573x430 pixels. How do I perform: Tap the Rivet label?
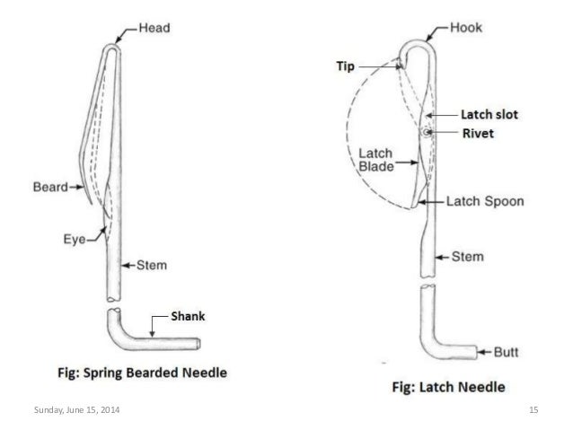pos(476,135)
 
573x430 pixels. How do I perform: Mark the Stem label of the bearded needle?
pos(158,265)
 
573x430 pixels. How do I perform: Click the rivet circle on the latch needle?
pos(423,134)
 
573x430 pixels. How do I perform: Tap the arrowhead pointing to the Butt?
pos(476,351)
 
